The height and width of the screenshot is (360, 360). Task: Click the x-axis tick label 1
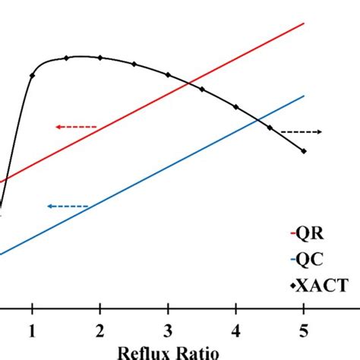click(32, 332)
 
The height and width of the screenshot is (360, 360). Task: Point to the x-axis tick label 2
click(100, 332)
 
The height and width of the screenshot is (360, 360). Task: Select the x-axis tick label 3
click(168, 332)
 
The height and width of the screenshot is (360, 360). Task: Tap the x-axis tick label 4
click(236, 332)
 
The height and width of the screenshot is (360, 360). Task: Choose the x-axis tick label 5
click(305, 332)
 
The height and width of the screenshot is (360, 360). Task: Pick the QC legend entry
click(308, 260)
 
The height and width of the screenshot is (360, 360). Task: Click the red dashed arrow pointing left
click(76, 127)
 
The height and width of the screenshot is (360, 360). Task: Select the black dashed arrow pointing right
click(302, 132)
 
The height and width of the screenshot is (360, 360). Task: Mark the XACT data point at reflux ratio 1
click(32, 75)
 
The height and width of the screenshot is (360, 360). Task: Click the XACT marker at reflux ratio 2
click(100, 58)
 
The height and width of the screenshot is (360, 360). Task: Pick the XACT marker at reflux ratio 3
click(168, 74)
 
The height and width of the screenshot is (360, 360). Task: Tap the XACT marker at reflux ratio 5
click(305, 151)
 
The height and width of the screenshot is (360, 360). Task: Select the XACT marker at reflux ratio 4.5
click(270, 128)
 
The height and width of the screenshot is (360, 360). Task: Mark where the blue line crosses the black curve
click(258, 119)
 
